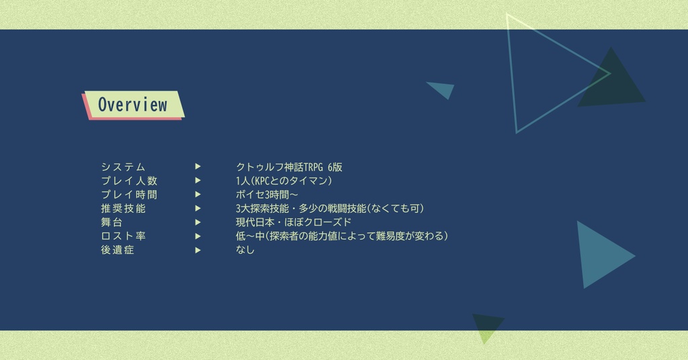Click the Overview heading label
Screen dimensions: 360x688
[x=132, y=105]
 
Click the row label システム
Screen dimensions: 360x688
[x=123, y=167]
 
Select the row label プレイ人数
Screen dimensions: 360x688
[x=129, y=181]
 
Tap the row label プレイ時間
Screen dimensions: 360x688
[x=129, y=195]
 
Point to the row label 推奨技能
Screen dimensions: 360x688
[x=123, y=208]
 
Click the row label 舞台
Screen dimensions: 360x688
[x=112, y=222]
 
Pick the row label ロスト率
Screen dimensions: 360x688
[x=123, y=236]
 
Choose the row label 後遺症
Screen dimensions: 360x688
[x=118, y=250]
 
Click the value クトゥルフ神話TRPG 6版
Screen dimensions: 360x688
[x=289, y=167]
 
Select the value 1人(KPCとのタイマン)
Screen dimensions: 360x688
[x=284, y=181]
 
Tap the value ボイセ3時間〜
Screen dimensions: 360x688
[x=267, y=195]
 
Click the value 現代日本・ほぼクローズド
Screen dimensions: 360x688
[x=293, y=222]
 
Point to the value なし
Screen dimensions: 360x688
[x=245, y=250]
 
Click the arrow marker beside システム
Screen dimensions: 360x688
[x=198, y=167]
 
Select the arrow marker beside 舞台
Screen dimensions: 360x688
[x=198, y=222]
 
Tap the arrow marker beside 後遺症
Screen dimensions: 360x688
[x=198, y=249]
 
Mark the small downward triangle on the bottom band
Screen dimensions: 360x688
[x=486, y=325]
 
